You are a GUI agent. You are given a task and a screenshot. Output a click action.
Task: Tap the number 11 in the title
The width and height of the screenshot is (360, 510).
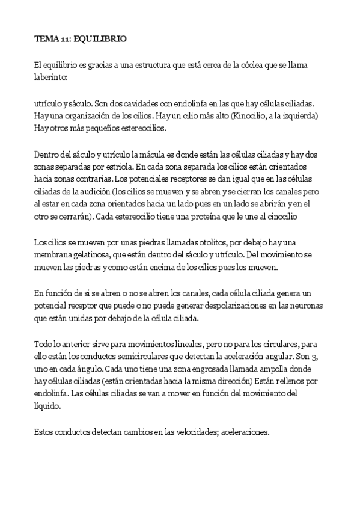pyautogui.click(x=64, y=39)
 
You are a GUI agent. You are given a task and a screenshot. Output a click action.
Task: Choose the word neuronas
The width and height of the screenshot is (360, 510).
pyautogui.click(x=302, y=306)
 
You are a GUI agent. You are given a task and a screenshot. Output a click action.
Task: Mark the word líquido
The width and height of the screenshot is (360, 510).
pyautogui.click(x=50, y=407)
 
